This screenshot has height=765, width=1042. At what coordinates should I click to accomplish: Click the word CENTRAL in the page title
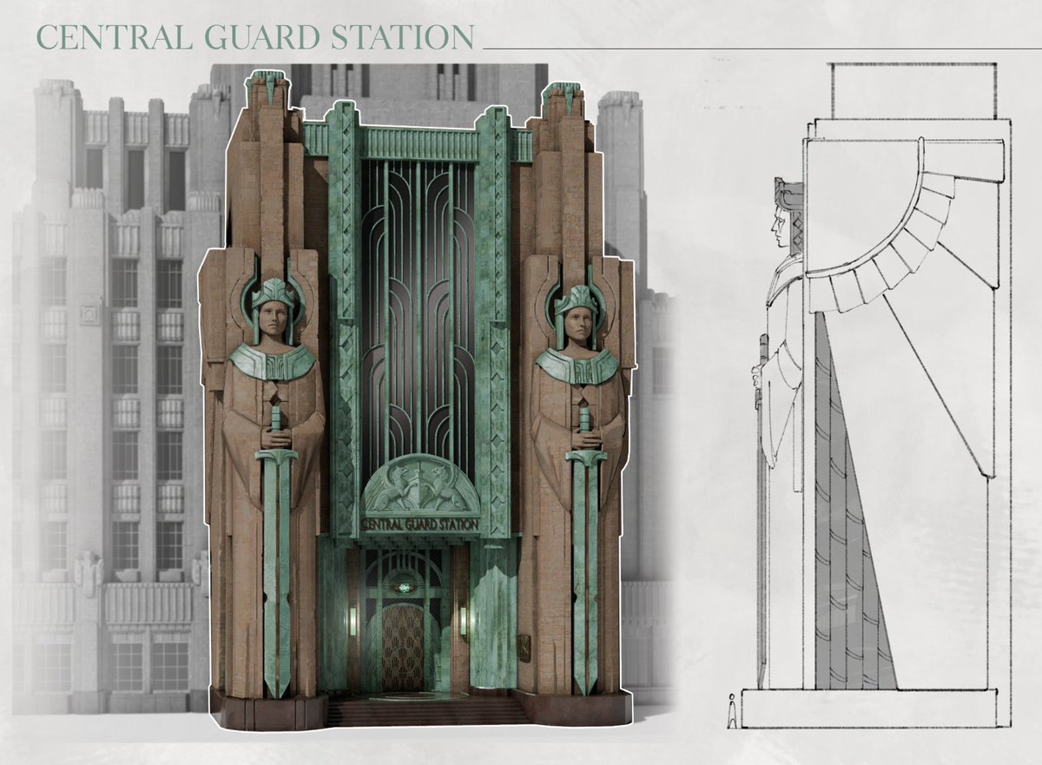pyautogui.click(x=115, y=36)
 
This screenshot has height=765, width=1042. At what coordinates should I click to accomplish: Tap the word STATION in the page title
pyautogui.click(x=402, y=36)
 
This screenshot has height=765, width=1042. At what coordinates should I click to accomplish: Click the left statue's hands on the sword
pyautogui.click(x=275, y=437)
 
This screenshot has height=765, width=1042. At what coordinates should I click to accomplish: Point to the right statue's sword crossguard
pyautogui.click(x=585, y=457)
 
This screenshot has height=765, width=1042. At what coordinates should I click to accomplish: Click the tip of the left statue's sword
pyautogui.click(x=277, y=698)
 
